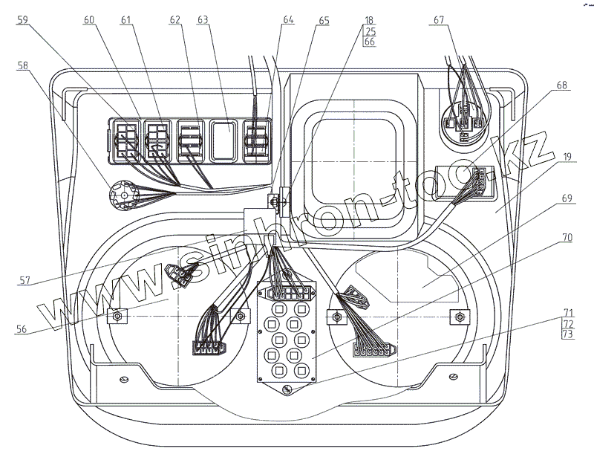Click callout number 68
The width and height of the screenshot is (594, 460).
pyautogui.click(x=561, y=85)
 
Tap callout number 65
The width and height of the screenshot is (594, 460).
pyautogui.click(x=323, y=20)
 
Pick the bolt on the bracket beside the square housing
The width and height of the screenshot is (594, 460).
pyautogui.click(x=275, y=199)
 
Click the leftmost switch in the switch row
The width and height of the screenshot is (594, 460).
pyautogui.click(x=124, y=140)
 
